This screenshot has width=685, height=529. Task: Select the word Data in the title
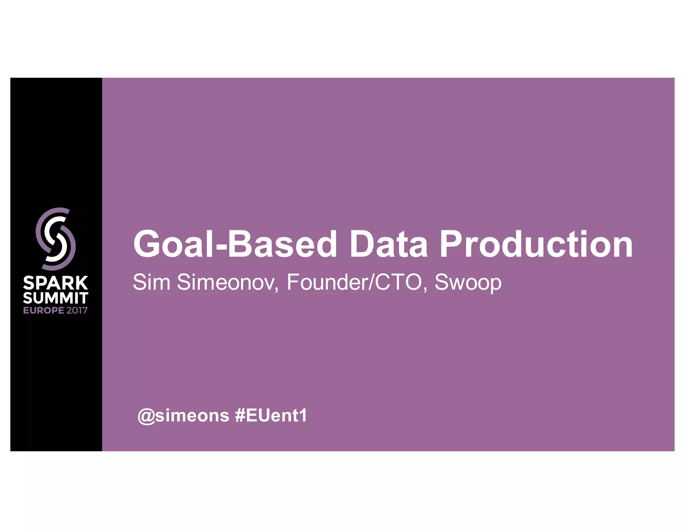(x=388, y=244)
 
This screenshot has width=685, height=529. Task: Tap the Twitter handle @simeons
(x=183, y=416)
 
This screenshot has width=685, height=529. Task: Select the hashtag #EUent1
(x=271, y=416)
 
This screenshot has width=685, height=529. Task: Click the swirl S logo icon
(x=56, y=239)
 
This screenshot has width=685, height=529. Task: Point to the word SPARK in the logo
(x=56, y=283)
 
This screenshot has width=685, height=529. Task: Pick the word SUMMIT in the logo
(x=56, y=298)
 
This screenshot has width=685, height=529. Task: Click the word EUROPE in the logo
(x=43, y=310)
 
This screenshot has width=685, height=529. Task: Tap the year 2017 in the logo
(x=77, y=310)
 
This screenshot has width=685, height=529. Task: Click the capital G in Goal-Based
(x=147, y=244)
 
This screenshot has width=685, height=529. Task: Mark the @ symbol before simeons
(x=146, y=416)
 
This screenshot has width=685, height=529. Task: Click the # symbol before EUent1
(x=240, y=416)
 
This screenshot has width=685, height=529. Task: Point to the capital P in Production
(x=451, y=244)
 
